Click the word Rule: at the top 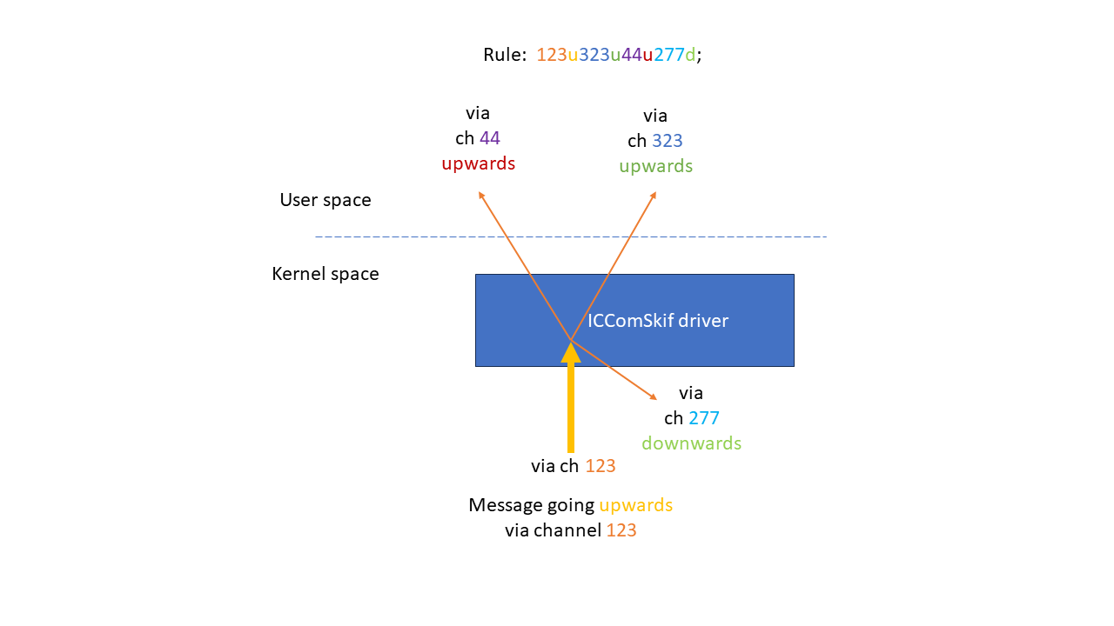click(505, 55)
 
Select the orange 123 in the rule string click(552, 55)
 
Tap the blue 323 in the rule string click(594, 55)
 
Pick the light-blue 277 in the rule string click(669, 55)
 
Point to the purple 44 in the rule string click(631, 55)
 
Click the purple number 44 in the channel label click(490, 138)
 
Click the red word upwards click(478, 163)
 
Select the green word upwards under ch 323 click(656, 166)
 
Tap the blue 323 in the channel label click(668, 141)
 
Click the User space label click(325, 200)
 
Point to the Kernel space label click(325, 274)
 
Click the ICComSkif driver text click(658, 321)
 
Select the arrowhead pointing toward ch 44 click(480, 196)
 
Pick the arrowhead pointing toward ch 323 click(653, 196)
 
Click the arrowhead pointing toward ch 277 click(653, 397)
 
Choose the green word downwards click(692, 443)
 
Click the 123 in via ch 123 click(601, 466)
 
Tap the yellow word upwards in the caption click(635, 505)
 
